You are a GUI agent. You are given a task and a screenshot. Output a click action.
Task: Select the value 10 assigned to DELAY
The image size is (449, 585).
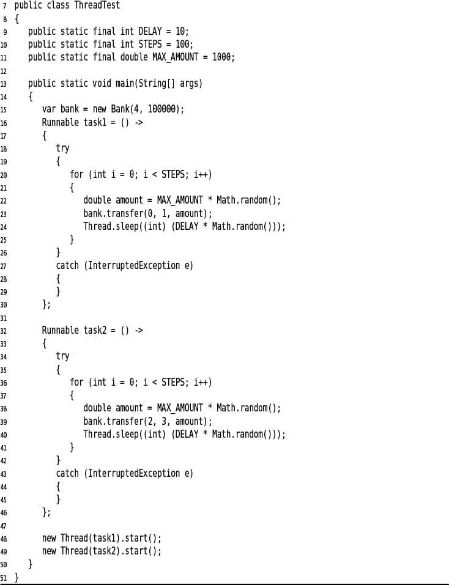click(180, 31)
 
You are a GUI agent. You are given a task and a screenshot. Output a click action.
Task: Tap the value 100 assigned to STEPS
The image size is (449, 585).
click(182, 44)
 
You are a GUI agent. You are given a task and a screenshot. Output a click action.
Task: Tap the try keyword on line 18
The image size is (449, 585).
click(63, 149)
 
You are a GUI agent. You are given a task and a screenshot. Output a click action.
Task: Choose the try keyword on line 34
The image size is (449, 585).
click(63, 356)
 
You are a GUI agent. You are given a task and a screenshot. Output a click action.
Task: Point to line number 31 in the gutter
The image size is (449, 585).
click(3, 318)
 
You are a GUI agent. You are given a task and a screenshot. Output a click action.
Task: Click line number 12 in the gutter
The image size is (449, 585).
click(3, 71)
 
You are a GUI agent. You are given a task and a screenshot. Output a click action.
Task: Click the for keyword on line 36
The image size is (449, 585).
click(76, 382)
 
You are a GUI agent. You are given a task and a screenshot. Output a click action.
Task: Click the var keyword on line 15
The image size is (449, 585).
click(49, 109)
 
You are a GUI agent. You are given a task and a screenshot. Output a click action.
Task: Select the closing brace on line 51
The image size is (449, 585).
click(17, 578)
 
